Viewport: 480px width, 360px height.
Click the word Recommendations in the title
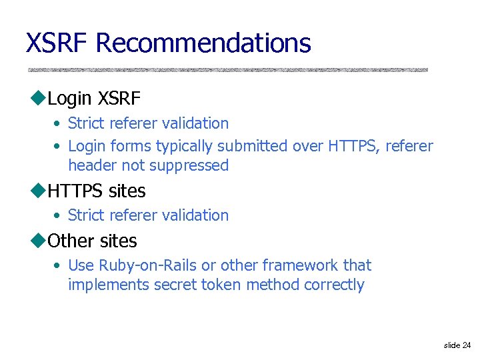203,43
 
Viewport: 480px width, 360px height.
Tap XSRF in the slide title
57,43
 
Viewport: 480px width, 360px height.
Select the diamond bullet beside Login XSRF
37,99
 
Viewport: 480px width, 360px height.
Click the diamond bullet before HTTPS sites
37,191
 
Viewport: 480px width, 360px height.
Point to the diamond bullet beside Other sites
37,241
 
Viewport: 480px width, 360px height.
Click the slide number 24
465,345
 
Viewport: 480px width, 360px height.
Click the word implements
109,285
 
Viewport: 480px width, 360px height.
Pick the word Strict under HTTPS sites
84,215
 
